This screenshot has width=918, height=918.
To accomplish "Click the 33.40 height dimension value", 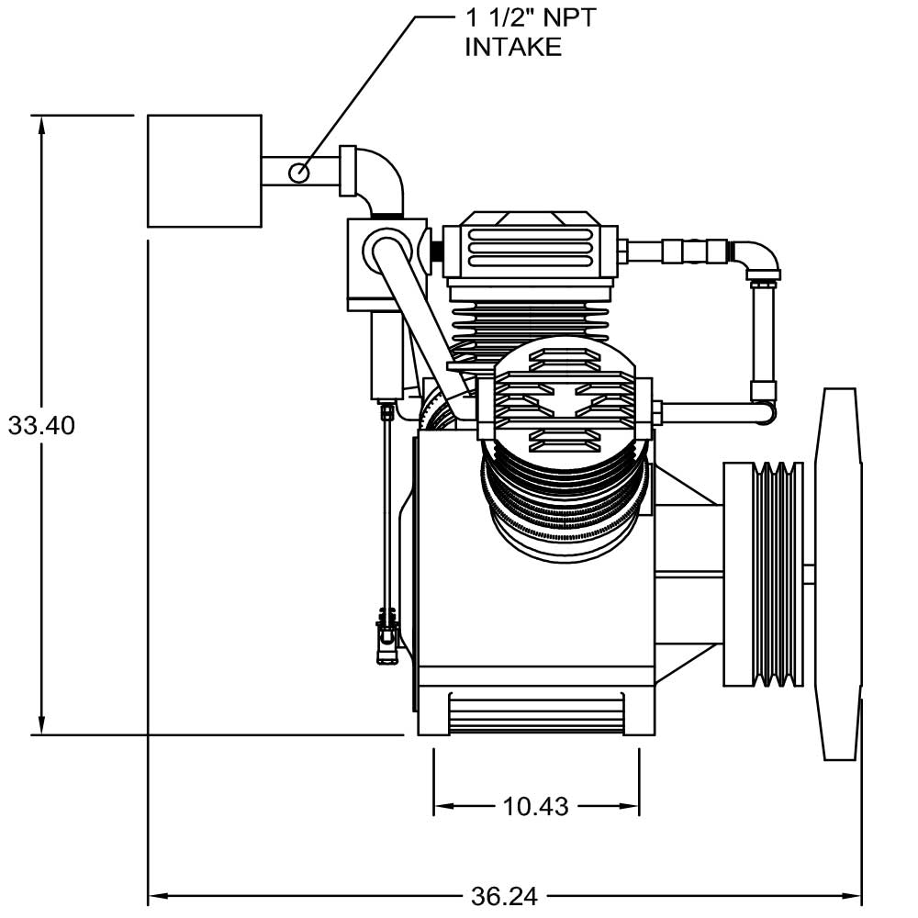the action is coord(41,426).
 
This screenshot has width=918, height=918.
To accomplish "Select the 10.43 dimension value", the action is coord(536,807).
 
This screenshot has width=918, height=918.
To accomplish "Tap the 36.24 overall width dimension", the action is coord(504,896).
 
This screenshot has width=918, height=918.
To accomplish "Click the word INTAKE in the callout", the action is coord(513,47).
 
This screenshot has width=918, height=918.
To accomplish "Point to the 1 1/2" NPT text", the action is coord(531,17).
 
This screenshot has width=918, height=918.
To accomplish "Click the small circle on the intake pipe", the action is coord(299,173).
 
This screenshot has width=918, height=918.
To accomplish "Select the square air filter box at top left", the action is coord(205,171).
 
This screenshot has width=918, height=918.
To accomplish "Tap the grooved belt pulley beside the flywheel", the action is coord(764,574).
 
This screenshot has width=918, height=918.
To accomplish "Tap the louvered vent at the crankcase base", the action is coord(536,713).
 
